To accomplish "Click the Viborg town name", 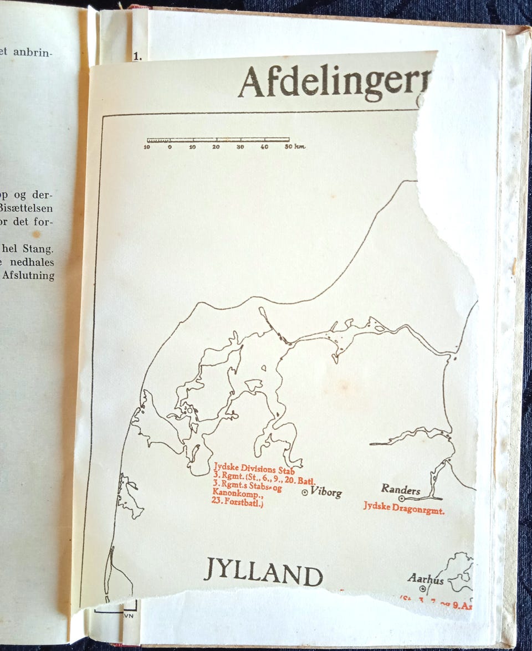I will point(326,491).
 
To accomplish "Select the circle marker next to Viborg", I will point(304,492).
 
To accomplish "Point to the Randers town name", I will point(400,490).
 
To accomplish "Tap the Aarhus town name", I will point(426,578).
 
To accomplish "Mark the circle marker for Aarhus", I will point(422,588).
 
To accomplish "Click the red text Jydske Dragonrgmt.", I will point(404,510).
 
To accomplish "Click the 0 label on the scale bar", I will point(169,147).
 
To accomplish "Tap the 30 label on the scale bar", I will point(240,147).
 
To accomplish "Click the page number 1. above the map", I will point(137,56).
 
